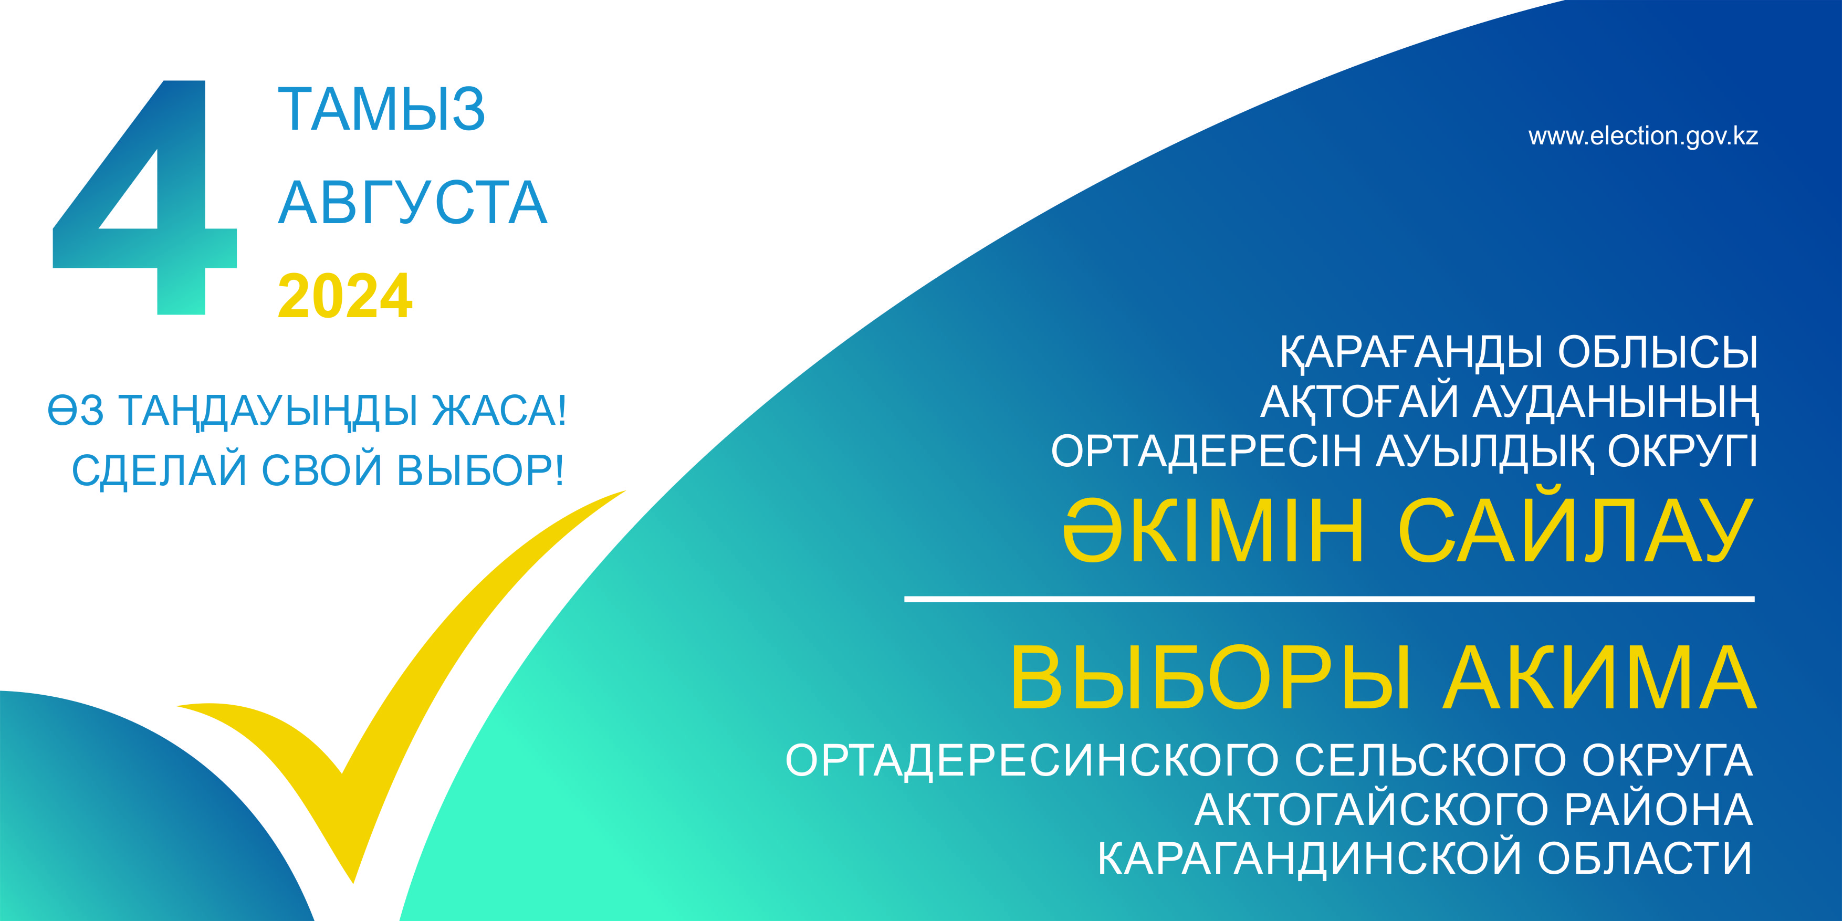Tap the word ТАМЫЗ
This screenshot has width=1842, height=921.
(382, 109)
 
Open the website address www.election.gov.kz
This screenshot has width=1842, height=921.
(1643, 136)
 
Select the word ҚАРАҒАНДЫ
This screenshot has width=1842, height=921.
(1415, 352)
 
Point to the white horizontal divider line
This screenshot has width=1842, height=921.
(1330, 599)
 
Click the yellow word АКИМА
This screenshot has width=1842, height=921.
(1599, 677)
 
